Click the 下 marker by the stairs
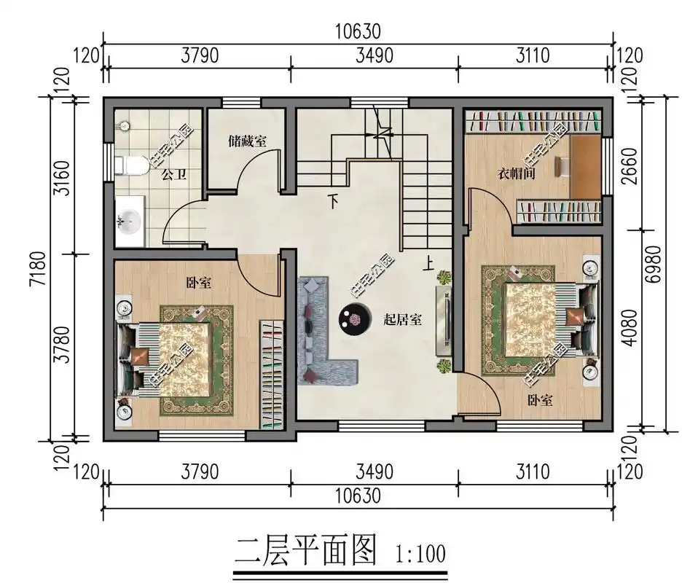coord(333,200)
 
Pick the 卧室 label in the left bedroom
coord(199,283)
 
